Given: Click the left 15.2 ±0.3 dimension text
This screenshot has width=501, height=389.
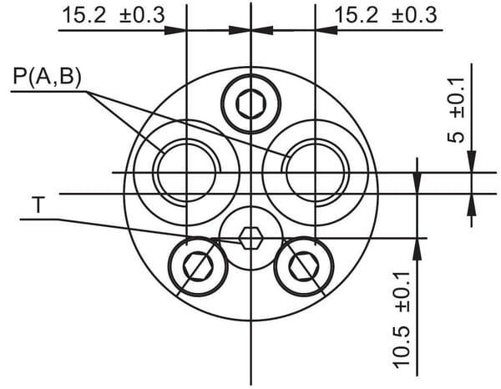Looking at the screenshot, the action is [x=114, y=15].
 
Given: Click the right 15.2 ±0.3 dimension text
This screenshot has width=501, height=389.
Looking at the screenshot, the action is [x=386, y=15].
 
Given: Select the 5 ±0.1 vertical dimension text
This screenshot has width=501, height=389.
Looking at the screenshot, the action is [x=456, y=110].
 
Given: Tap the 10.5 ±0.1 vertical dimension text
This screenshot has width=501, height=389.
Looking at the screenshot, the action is [x=402, y=320].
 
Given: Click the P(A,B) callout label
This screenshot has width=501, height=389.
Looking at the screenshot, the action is [x=47, y=77].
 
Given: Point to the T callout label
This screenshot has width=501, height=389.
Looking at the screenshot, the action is [x=38, y=205].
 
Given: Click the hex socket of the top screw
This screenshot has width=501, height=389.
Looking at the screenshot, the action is [x=251, y=104].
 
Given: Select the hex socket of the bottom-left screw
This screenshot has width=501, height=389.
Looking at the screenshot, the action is [x=198, y=266].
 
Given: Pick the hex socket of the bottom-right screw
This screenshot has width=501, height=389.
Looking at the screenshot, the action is [x=304, y=266].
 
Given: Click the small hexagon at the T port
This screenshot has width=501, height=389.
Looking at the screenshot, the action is [x=251, y=238].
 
